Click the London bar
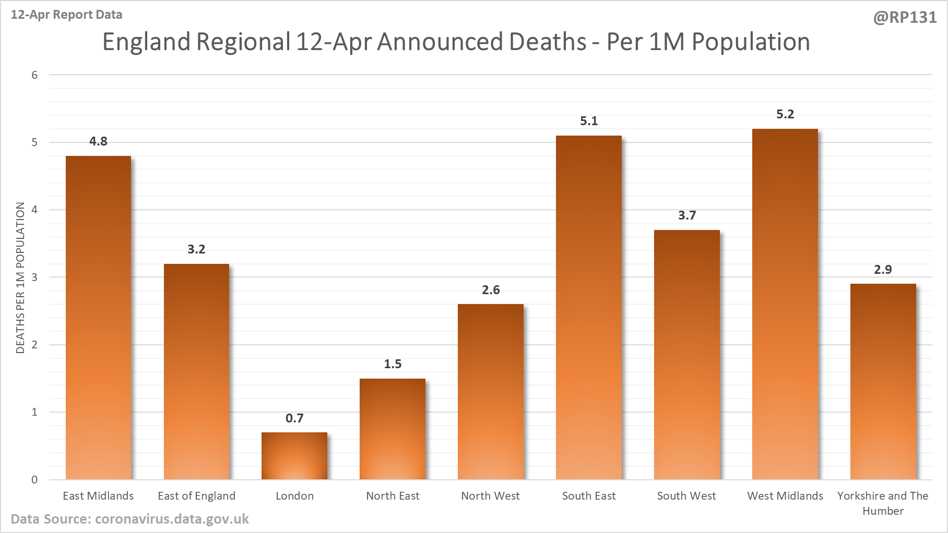(x=294, y=456)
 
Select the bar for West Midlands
(x=785, y=304)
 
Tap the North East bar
(x=393, y=429)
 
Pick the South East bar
(x=589, y=307)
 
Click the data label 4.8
(x=98, y=141)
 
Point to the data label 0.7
(x=294, y=418)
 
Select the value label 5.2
(x=785, y=114)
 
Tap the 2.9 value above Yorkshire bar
(x=883, y=270)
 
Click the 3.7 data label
(x=687, y=215)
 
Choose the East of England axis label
(x=196, y=496)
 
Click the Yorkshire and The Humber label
(x=883, y=503)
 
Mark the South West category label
(x=686, y=496)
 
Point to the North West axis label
(x=490, y=496)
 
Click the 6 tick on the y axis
(x=34, y=75)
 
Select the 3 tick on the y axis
(x=34, y=277)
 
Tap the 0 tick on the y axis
(x=34, y=480)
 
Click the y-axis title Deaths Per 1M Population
(x=20, y=278)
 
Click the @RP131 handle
(x=905, y=18)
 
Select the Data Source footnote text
(x=130, y=519)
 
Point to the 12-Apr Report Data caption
(x=67, y=15)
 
